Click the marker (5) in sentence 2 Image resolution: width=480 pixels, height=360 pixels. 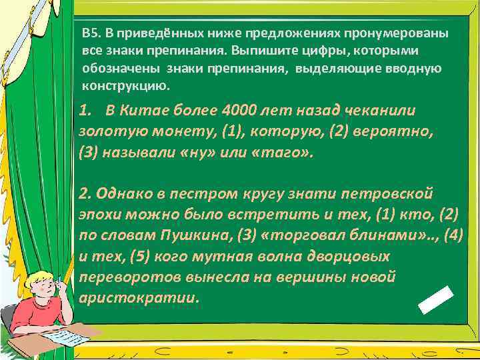(x=139, y=256)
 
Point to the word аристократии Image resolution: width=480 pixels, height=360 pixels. (x=139, y=297)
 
